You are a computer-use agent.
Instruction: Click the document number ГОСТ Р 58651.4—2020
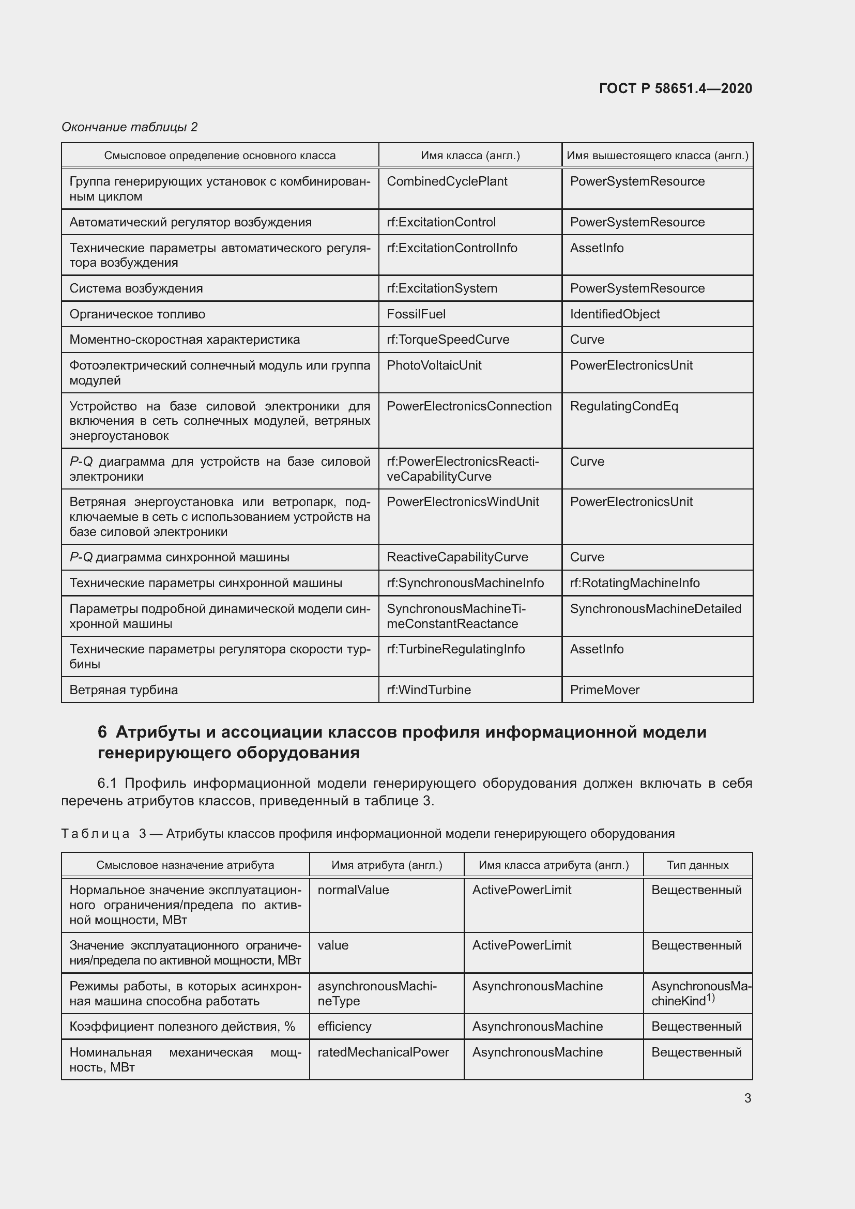click(676, 88)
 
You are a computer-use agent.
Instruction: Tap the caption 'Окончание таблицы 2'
click(130, 127)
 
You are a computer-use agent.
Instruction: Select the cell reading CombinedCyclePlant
click(447, 181)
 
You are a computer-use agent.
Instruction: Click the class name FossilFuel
click(416, 314)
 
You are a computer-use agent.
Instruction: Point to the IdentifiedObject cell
click(615, 314)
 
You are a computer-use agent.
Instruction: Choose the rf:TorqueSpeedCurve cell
click(448, 340)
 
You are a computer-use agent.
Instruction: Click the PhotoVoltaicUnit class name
click(434, 365)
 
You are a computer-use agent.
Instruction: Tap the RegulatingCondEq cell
click(624, 406)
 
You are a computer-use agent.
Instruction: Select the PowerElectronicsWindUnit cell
click(463, 502)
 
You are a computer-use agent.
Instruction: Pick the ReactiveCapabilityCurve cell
click(457, 557)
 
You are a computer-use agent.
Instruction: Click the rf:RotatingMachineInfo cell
click(634, 583)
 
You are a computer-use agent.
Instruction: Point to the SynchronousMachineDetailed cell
click(655, 609)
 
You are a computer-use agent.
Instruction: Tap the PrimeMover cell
click(604, 690)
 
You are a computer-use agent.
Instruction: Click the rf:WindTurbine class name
click(429, 690)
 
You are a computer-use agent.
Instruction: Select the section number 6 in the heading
click(102, 732)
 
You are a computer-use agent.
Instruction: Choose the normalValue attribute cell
click(353, 890)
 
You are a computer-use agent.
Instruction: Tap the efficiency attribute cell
click(344, 1027)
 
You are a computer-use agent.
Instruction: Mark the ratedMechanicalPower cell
click(383, 1052)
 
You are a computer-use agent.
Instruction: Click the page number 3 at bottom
click(747, 1098)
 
